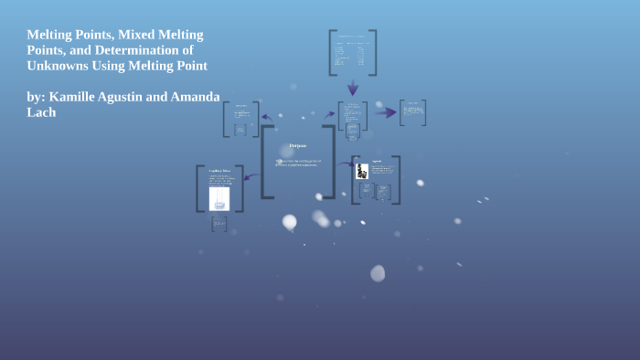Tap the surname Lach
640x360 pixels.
[43, 111]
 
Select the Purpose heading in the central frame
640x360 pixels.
[298, 145]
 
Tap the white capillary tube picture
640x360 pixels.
[219, 197]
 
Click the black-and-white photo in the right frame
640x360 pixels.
[362, 171]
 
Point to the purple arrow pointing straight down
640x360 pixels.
[353, 88]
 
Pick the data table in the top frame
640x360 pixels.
[352, 52]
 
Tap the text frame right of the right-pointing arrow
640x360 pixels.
[412, 112]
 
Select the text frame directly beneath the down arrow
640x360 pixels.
[353, 115]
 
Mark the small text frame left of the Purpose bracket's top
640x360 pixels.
[241, 118]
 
